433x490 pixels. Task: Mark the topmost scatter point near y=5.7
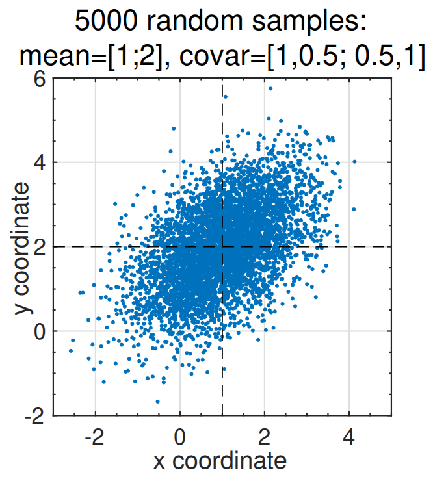(x=270, y=88)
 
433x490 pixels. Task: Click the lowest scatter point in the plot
(x=157, y=402)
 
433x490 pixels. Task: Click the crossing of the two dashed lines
(x=222, y=247)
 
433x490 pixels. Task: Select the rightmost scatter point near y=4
(x=354, y=161)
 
